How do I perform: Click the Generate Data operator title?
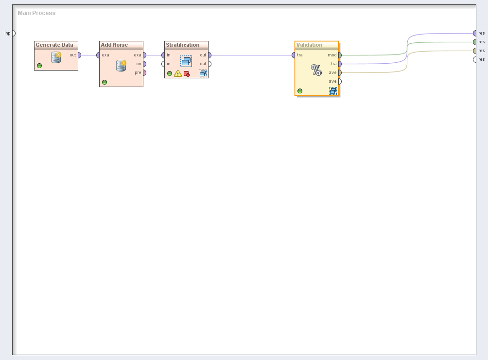click(x=54, y=45)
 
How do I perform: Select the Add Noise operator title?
click(x=114, y=45)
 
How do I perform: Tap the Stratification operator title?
click(x=183, y=45)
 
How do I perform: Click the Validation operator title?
click(x=309, y=45)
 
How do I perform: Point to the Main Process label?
click(x=36, y=13)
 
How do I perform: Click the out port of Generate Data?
click(x=79, y=55)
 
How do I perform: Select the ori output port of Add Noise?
click(x=144, y=64)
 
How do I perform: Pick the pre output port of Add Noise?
click(x=144, y=72)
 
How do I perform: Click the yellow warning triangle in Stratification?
click(x=178, y=74)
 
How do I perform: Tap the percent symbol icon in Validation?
click(x=316, y=71)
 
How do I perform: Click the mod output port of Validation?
click(x=339, y=55)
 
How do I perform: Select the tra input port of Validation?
click(x=294, y=55)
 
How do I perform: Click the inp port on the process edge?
click(x=13, y=33)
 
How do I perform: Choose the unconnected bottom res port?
click(x=475, y=59)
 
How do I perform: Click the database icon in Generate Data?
click(x=56, y=57)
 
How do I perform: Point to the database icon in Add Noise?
click(x=121, y=66)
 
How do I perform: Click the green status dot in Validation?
click(x=300, y=91)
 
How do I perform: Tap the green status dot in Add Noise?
click(x=105, y=82)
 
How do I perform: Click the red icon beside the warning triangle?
click(x=187, y=74)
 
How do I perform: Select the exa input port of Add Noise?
click(x=99, y=55)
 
